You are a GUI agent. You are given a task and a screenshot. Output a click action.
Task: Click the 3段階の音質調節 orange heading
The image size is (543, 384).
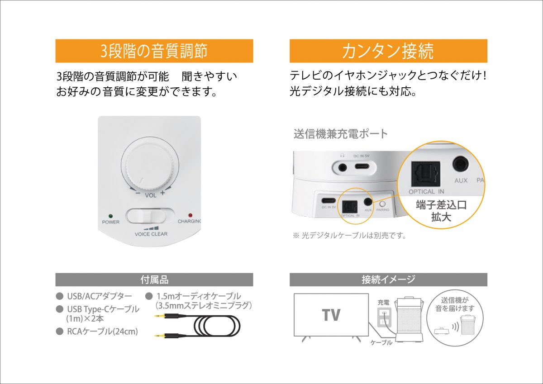154,51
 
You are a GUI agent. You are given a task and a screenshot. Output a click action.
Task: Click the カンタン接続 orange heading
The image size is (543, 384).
388,51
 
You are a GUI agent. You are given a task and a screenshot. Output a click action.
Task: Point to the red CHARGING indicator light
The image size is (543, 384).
191,215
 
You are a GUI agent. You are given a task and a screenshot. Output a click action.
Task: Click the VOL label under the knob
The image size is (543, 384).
150,195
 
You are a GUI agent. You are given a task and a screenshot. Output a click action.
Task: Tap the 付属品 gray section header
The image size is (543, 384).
154,280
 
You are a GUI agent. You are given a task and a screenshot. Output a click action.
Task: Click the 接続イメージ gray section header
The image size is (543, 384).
388,280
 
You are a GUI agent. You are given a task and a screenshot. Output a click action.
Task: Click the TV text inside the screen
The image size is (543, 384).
331,315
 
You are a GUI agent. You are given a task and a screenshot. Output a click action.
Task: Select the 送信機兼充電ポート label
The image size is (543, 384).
341,134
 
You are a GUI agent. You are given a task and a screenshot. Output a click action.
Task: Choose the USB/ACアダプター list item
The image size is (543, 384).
99,297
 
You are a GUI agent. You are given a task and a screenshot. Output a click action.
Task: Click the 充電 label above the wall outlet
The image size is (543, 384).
383,302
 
